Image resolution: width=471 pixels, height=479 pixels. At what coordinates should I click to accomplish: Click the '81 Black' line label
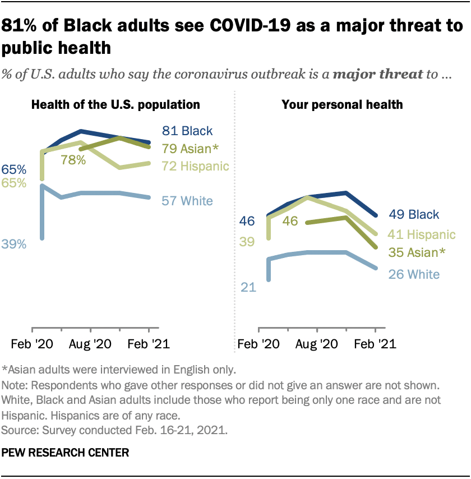[187, 131]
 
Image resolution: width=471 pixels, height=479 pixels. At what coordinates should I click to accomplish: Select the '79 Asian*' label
[190, 149]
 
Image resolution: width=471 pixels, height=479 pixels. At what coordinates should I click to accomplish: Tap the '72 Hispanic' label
[195, 166]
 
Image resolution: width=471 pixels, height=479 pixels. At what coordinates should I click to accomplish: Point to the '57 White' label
[187, 200]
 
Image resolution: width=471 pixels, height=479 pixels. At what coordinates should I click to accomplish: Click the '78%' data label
[73, 160]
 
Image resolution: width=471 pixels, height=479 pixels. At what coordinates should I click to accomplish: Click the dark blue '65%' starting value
[13, 169]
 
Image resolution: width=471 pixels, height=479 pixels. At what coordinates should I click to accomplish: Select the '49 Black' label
[415, 214]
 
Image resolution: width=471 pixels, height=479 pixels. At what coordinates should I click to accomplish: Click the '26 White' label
[415, 274]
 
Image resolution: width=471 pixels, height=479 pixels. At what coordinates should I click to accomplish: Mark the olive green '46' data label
[290, 221]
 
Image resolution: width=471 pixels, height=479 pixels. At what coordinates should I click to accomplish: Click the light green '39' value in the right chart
[248, 242]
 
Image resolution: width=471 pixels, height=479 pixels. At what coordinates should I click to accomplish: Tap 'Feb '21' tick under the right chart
[375, 343]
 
